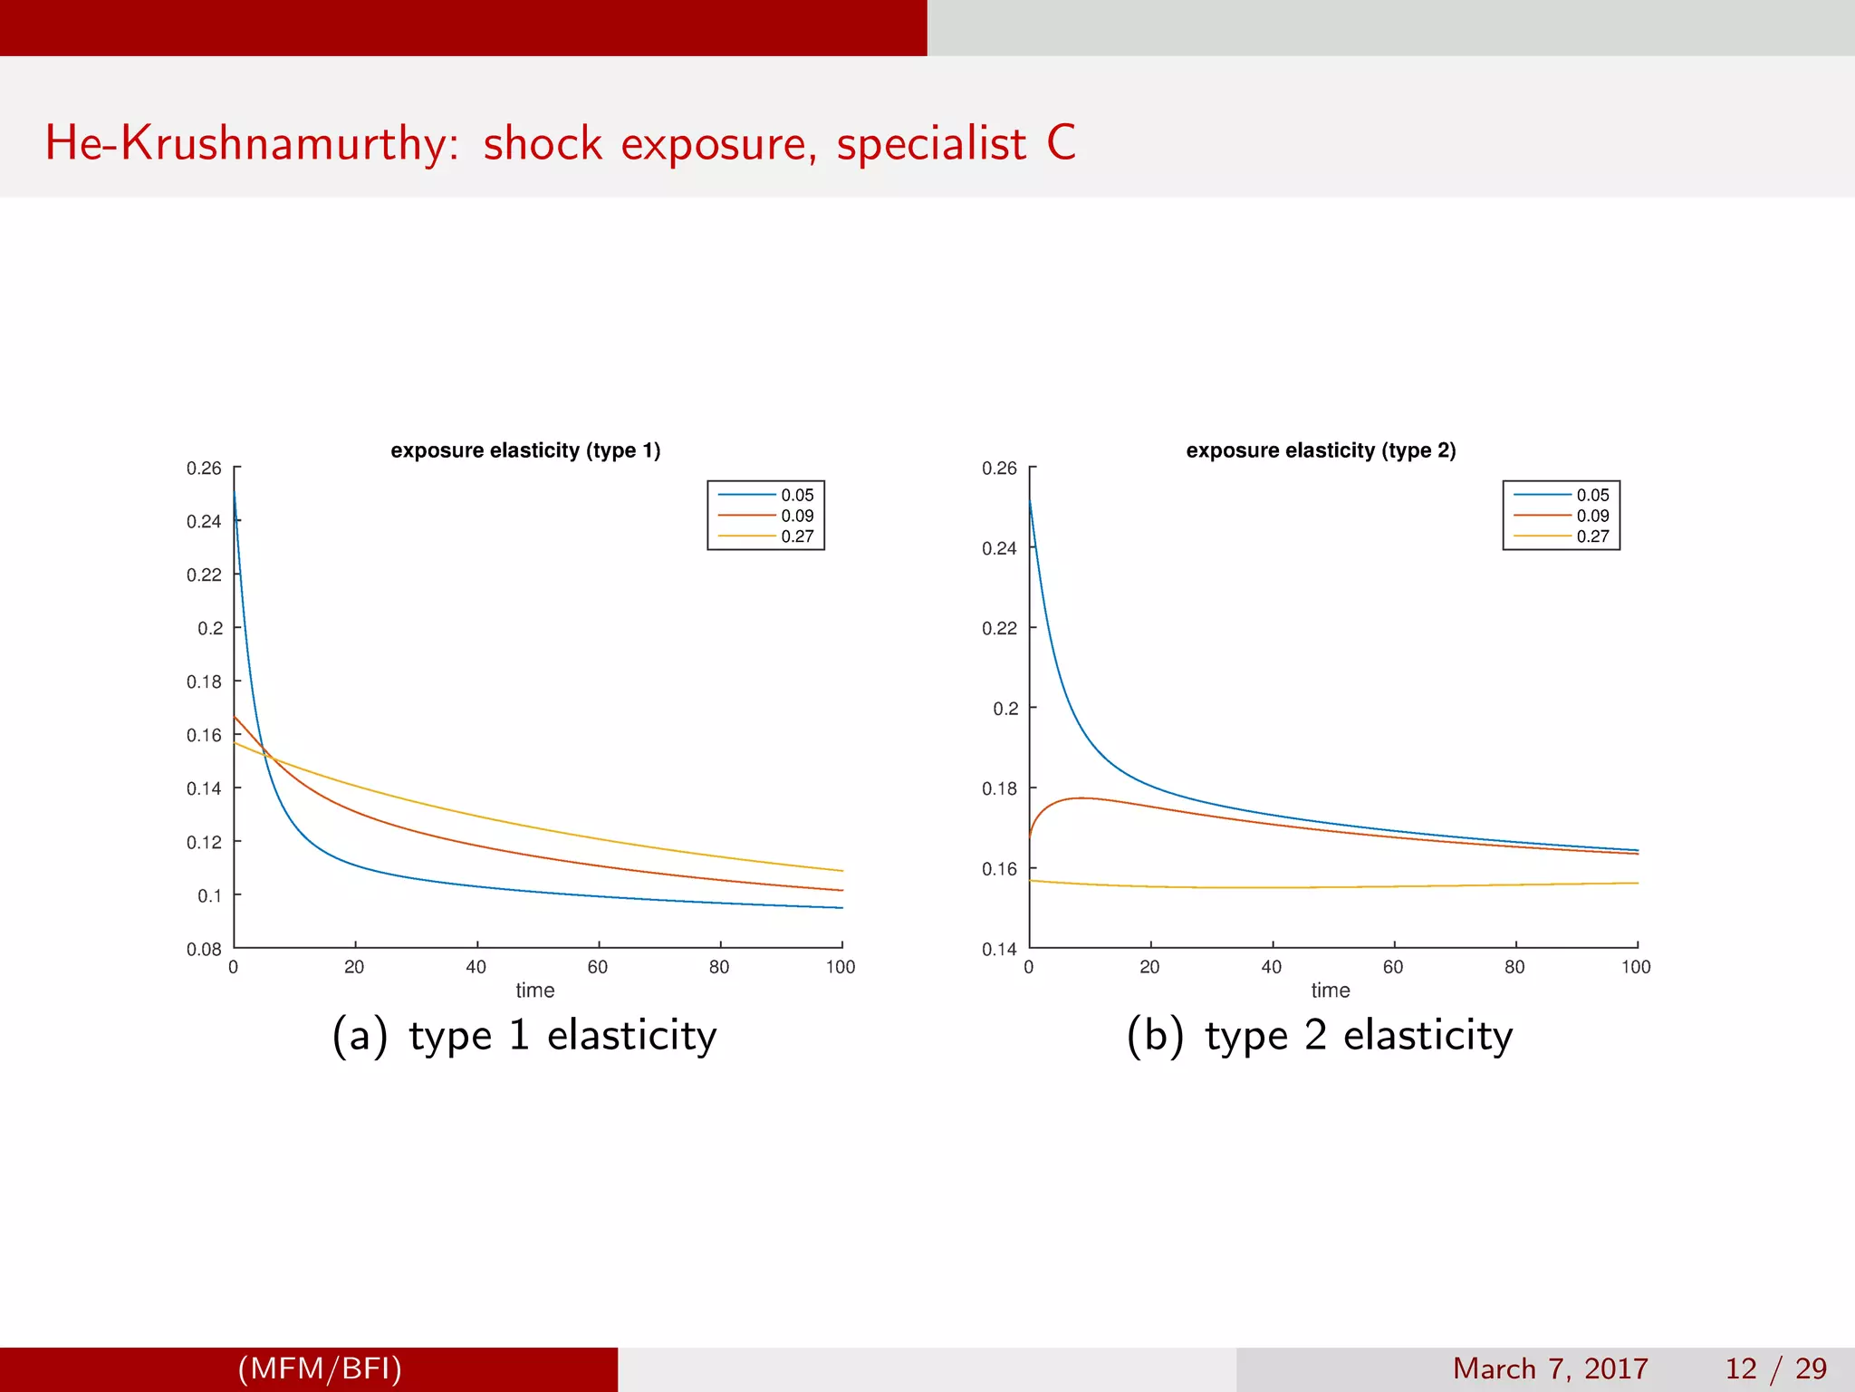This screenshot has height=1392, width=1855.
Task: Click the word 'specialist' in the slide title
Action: [931, 144]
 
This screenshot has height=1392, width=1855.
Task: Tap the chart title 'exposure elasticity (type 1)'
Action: [525, 450]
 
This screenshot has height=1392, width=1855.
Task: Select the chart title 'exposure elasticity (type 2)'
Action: [1321, 450]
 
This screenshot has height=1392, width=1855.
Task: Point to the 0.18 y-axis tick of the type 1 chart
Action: [204, 681]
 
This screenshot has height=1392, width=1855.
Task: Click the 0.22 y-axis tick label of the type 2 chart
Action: [999, 628]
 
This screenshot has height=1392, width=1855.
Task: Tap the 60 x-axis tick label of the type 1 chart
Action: [598, 967]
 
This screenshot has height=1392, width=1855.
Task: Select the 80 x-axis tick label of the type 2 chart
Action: [1514, 967]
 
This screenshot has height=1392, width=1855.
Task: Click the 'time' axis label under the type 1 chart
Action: [534, 991]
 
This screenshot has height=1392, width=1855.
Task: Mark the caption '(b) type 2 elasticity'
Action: [1320, 1036]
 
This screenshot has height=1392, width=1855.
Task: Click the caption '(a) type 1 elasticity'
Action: [524, 1036]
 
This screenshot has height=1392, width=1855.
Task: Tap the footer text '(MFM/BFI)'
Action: [320, 1368]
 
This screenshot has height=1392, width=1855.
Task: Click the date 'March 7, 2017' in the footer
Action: [1550, 1368]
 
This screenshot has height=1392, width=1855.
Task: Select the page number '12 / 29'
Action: [1775, 1368]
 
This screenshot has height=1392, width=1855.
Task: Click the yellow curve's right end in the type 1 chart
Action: [841, 871]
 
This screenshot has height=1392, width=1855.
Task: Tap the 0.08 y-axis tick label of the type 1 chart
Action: [204, 949]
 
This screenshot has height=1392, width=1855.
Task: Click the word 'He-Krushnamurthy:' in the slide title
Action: [253, 144]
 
